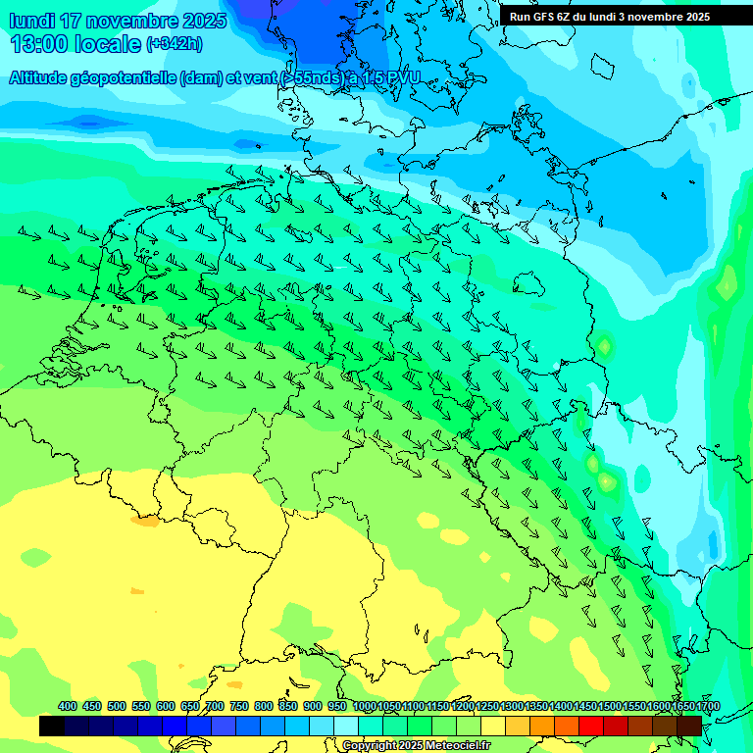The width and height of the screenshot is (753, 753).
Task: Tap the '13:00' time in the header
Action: point(40,44)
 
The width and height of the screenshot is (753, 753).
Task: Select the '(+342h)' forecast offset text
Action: point(174,44)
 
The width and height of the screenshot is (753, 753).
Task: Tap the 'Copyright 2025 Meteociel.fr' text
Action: point(416,745)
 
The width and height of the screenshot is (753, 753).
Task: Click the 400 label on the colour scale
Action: point(68,706)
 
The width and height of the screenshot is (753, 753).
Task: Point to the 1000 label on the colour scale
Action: point(364,706)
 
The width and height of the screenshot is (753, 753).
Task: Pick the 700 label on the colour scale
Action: point(215,706)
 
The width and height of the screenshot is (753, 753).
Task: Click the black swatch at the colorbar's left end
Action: point(52,726)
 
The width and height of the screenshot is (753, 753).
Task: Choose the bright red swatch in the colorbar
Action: point(591,726)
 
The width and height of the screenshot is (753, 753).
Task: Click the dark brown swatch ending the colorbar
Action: point(689,726)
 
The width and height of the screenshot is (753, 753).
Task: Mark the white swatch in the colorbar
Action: point(346,726)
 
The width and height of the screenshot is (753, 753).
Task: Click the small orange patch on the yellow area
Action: point(144,522)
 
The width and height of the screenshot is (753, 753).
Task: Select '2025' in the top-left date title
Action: point(203,21)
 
